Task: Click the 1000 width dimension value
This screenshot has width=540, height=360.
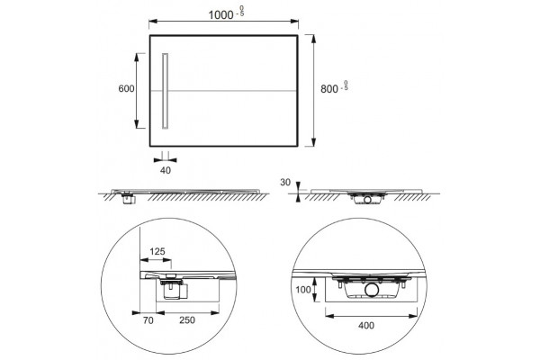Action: click(220, 14)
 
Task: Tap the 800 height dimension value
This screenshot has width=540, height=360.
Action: click(329, 89)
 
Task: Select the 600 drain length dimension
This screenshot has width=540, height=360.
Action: click(126, 88)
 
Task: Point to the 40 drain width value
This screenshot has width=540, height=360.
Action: click(166, 170)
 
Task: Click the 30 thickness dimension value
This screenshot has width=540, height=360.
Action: click(285, 182)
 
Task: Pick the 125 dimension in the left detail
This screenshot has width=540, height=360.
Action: click(157, 251)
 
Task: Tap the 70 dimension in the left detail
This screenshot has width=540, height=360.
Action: click(148, 320)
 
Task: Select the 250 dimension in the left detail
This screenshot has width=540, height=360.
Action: click(187, 320)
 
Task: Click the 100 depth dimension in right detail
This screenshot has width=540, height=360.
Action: click(303, 290)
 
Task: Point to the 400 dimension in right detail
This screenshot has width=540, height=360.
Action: click(366, 325)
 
